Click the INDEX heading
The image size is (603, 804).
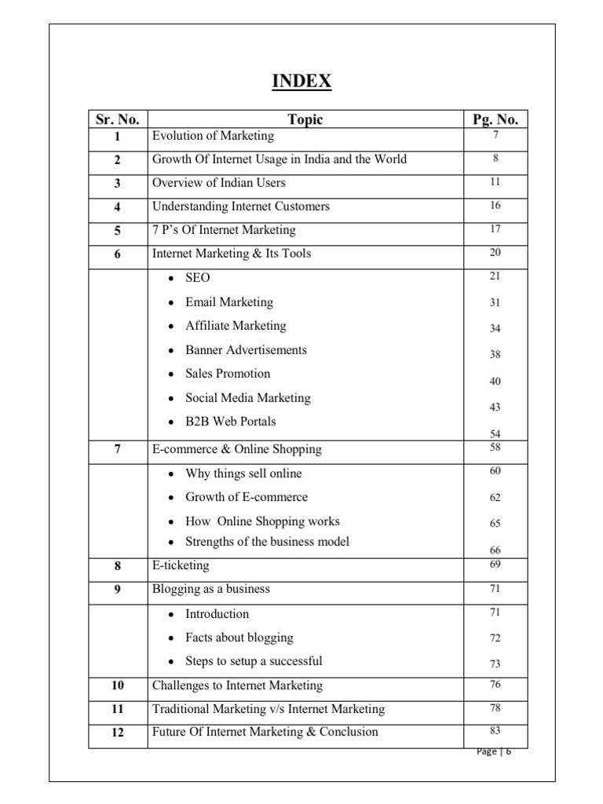301,82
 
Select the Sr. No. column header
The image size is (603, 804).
118,119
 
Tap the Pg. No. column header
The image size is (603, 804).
495,119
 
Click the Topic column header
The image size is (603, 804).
305,119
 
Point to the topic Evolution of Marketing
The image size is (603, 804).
213,136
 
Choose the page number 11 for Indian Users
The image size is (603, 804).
495,182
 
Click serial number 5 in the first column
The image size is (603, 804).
117,230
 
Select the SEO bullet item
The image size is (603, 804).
197,278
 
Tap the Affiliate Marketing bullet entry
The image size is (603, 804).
236,326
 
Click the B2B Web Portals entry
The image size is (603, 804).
230,421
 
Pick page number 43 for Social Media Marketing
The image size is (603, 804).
495,407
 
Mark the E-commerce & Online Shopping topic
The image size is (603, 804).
236,449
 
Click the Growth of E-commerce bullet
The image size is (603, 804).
246,497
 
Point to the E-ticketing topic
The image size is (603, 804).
181,565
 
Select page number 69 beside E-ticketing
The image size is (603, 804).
495,564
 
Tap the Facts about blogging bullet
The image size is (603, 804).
239,638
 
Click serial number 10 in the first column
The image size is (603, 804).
117,685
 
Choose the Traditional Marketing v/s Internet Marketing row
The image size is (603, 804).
268,709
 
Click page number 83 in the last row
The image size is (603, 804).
495,731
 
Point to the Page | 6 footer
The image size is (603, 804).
494,751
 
